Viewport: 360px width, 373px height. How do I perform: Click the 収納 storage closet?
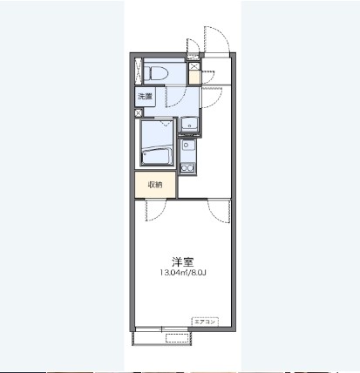pyautogui.click(x=154, y=184)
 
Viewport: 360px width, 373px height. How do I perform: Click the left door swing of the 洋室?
pyautogui.click(x=156, y=208)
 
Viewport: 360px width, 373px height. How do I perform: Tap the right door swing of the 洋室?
pyautogui.click(x=217, y=208)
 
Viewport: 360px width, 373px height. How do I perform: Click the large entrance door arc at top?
pyautogui.click(x=216, y=39)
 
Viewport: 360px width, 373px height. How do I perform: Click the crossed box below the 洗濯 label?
pyautogui.click(x=139, y=112)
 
